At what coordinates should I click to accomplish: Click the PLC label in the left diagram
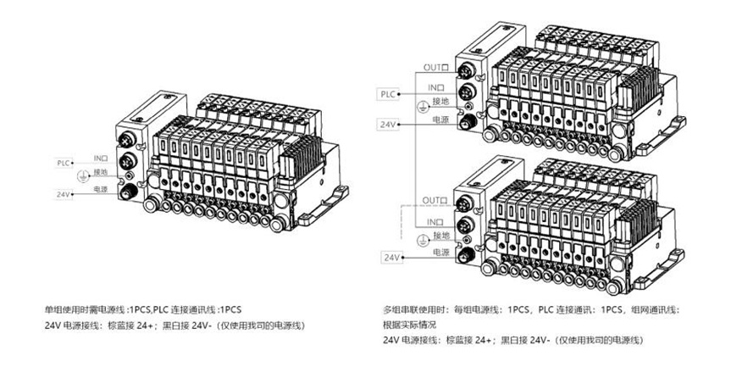(64, 161)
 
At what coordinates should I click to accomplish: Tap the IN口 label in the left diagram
(101, 158)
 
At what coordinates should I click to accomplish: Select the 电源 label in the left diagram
(101, 188)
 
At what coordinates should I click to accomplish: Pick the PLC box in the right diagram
(388, 93)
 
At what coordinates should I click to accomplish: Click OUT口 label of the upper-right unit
(435, 67)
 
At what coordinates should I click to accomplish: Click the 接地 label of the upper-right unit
(440, 103)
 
